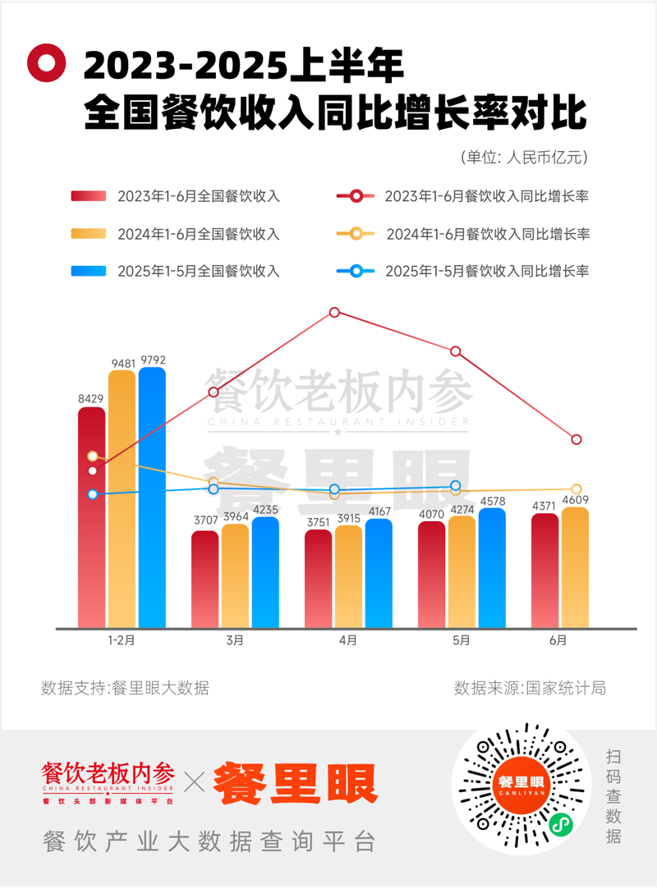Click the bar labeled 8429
[91, 517]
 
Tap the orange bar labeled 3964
[235, 575]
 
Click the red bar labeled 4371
[545, 571]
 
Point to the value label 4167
[379, 511]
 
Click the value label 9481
[122, 362]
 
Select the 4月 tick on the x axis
[348, 640]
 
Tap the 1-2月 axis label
[121, 640]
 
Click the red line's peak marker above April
[334, 313]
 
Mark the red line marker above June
[577, 440]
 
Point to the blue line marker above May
[456, 487]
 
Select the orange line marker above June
[577, 490]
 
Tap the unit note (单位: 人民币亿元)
[523, 156]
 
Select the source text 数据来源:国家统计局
[530, 688]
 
